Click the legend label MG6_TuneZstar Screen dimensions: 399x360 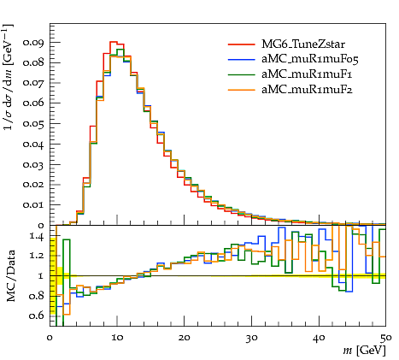tap(303, 44)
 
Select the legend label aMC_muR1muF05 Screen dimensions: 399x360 tap(310, 59)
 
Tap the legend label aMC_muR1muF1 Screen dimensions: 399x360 tap(307, 74)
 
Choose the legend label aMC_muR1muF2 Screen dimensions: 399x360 tap(307, 90)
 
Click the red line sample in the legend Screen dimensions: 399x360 tap(241, 44)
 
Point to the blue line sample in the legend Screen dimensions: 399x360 tap(241, 59)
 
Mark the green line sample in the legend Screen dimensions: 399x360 tap(241, 74)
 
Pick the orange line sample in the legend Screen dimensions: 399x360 tap(241, 90)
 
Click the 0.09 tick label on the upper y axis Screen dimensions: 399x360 tap(33, 43)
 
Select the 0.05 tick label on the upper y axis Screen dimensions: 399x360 tap(33, 124)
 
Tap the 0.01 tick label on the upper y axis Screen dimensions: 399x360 tap(33, 204)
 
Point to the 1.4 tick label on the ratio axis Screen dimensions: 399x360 tap(37, 237)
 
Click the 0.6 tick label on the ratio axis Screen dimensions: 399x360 tap(37, 316)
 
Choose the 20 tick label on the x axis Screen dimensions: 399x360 tap(185, 338)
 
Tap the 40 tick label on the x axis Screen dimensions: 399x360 tap(319, 338)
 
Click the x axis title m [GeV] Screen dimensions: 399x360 tap(364, 350)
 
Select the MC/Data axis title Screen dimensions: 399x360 tap(10, 276)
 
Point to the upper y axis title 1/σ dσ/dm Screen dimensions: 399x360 tap(8, 77)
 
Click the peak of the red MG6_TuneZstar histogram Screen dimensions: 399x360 tap(114, 42)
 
